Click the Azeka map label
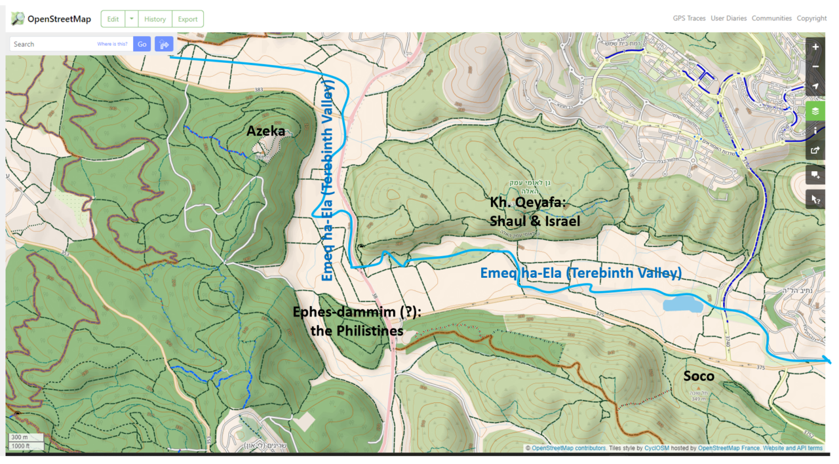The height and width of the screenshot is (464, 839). tap(265, 131)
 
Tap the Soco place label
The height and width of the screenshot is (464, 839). tap(698, 376)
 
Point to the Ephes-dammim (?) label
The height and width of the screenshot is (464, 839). tap(357, 313)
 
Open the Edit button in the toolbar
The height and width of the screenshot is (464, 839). tap(113, 19)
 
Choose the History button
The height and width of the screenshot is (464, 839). tap(155, 19)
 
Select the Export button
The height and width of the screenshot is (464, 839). tap(187, 19)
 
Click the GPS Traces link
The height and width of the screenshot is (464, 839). tap(689, 18)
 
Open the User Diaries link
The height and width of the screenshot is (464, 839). tap(728, 18)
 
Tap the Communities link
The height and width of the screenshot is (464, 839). tap(771, 18)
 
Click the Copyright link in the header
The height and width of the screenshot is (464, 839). tap(811, 18)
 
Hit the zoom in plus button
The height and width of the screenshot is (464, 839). tap(815, 47)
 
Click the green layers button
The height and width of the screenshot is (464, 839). tap(815, 111)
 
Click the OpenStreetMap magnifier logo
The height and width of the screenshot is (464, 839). tap(18, 18)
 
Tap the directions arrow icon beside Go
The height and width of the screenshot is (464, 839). tap(163, 44)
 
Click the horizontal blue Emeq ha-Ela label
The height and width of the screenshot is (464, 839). tap(581, 273)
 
